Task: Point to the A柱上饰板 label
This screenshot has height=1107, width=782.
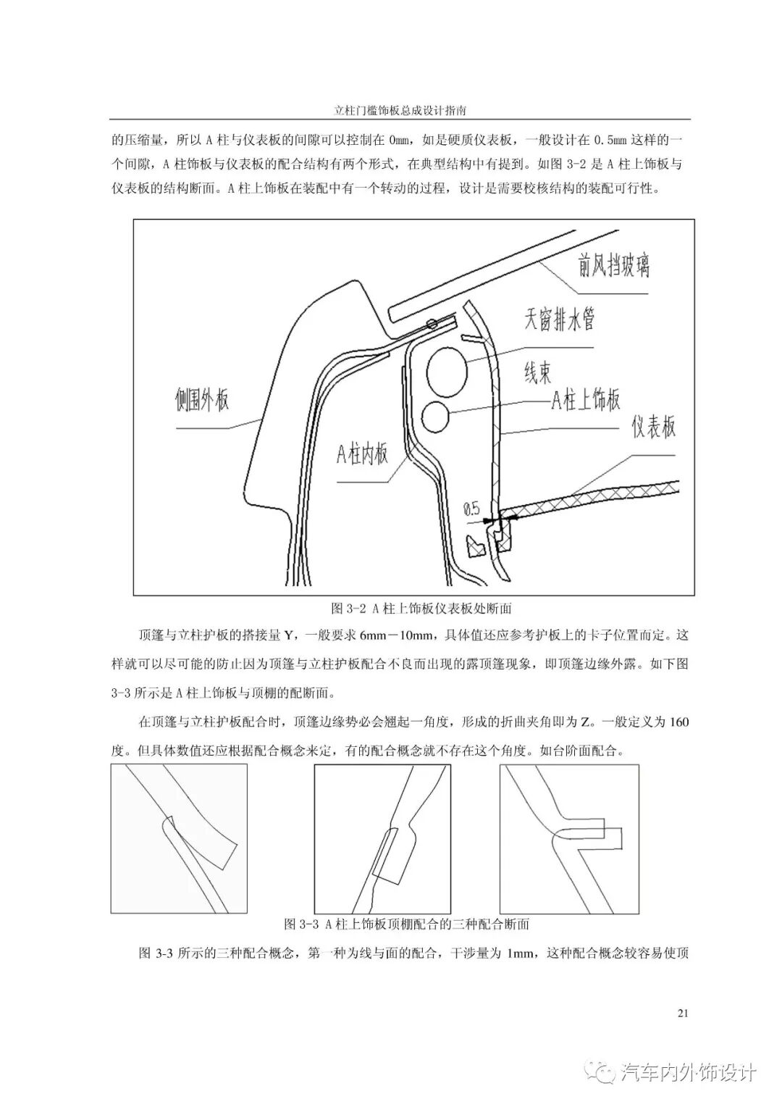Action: (586, 400)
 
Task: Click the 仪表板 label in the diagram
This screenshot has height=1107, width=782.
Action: (652, 427)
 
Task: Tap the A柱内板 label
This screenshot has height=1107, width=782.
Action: (361, 454)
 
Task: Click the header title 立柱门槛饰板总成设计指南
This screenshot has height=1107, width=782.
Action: (399, 112)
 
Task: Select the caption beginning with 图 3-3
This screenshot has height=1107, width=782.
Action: (405, 924)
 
